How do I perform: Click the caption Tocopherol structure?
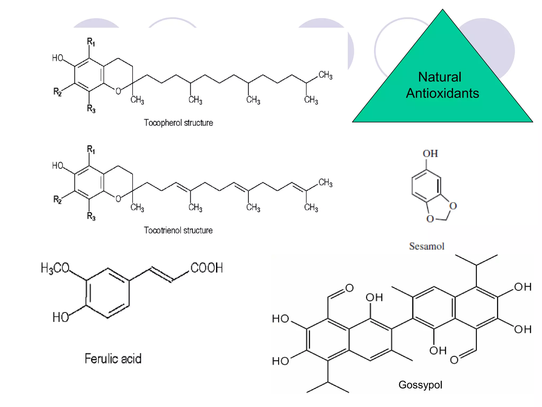click(178, 123)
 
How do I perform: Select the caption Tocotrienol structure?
click(178, 230)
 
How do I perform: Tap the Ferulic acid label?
click(113, 359)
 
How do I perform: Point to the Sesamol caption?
click(427, 246)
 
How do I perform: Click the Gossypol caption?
click(420, 385)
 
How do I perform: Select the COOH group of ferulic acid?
click(207, 268)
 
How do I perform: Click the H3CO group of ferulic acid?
click(55, 268)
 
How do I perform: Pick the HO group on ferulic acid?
click(61, 317)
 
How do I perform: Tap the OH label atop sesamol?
click(430, 154)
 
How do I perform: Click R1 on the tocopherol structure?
click(91, 42)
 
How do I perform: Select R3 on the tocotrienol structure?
click(91, 216)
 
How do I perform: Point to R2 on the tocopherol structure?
click(57, 92)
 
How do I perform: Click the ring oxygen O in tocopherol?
click(118, 91)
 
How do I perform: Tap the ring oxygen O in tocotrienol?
click(118, 199)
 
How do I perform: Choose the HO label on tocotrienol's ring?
click(57, 166)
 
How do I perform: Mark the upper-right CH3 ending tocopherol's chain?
click(325, 75)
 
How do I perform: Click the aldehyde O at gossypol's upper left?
click(349, 288)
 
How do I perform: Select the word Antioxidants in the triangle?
click(442, 93)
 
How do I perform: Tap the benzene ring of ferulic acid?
click(107, 293)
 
